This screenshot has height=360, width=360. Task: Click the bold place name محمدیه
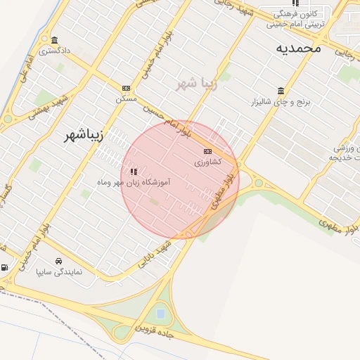coord(298,48)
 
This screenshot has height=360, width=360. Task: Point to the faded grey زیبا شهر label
coord(198,83)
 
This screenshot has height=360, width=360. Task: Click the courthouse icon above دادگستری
coord(54,40)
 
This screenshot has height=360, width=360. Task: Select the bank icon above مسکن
coord(126,88)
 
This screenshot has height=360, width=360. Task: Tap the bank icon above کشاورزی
coord(207,151)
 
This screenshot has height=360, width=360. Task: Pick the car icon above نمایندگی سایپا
coord(58,261)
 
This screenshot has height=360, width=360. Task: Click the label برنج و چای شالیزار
coord(281,102)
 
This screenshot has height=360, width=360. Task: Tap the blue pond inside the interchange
coord(161,313)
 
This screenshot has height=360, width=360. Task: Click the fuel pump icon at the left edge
coord(5,267)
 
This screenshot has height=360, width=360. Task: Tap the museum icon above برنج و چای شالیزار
coord(281,91)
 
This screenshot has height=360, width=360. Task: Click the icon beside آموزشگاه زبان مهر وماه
coord(134,171)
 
